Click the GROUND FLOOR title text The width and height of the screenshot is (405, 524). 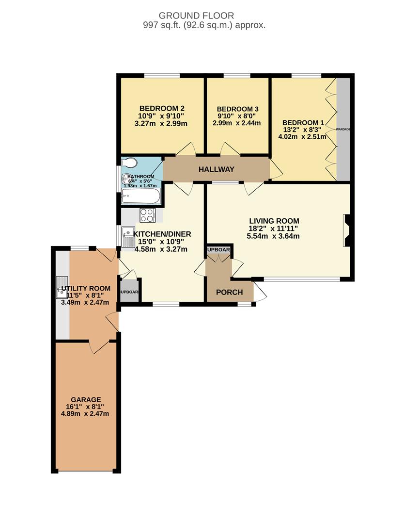(x=202, y=16)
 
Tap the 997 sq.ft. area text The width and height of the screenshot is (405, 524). (x=202, y=25)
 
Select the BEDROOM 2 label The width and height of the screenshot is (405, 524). (x=162, y=108)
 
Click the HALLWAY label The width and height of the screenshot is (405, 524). (x=216, y=169)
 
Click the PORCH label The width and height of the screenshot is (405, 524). (x=229, y=292)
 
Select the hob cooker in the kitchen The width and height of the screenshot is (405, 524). (x=147, y=214)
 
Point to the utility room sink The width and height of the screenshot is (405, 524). (x=62, y=287)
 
